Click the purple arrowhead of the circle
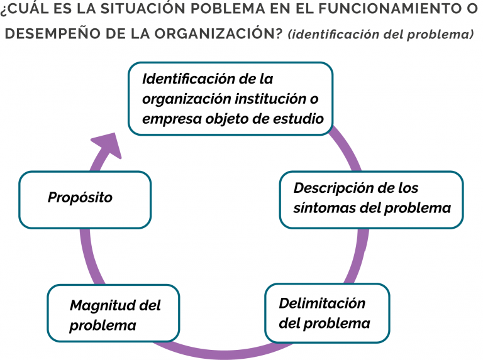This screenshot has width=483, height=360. coord(108,146)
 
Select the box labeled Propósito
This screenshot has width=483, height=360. coord(85,200)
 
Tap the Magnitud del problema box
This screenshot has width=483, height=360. coord(113,314)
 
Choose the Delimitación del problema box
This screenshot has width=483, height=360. coord(328,313)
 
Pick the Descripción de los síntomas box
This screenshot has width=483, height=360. coord(372,200)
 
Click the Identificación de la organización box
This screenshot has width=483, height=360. coord(230,99)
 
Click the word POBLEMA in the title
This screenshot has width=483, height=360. coord(228,9)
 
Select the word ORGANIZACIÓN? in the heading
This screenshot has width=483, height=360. coord(218,33)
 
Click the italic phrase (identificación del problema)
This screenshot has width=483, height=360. coord(380,34)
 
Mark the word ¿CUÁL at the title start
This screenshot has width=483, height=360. coord(25,9)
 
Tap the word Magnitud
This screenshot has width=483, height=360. coord(103,305)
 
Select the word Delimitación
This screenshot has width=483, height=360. coord(322,303)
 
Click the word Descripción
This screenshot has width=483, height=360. coord(335,188)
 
